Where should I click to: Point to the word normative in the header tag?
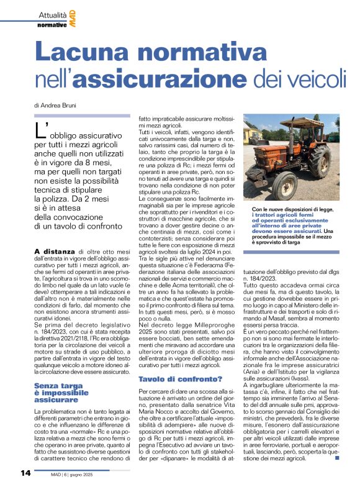pyautogui.click(x=52, y=25)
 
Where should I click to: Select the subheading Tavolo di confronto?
pyautogui.click(x=168, y=362)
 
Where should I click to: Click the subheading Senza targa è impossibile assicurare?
pyautogui.click(x=61, y=375)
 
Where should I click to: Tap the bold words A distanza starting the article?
pyautogui.click(x=56, y=251)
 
